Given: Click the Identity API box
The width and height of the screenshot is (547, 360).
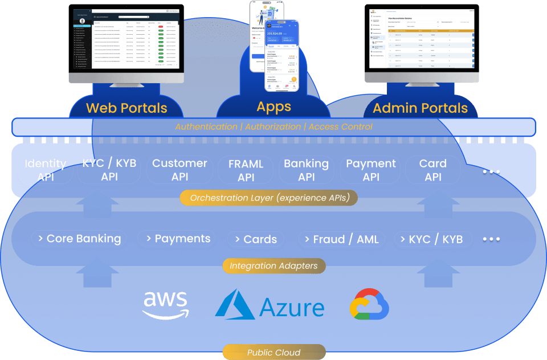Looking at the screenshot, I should pyautogui.click(x=46, y=170).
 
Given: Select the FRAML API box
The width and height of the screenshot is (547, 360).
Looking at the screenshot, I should pyautogui.click(x=246, y=170).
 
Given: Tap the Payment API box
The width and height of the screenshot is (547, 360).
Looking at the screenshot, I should pyautogui.click(x=371, y=170).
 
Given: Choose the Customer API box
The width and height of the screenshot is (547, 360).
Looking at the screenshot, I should pyautogui.click(x=179, y=170).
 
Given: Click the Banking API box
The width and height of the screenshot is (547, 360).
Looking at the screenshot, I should pyautogui.click(x=307, y=170).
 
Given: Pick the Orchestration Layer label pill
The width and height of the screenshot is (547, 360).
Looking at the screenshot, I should pyautogui.click(x=268, y=198).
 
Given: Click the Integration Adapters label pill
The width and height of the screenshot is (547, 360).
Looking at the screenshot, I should pyautogui.click(x=274, y=266).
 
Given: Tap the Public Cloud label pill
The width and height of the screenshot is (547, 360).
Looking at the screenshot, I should pyautogui.click(x=274, y=353).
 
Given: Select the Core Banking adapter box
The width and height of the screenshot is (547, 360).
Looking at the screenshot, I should pyautogui.click(x=79, y=239).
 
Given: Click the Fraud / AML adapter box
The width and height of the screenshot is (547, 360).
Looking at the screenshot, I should pyautogui.click(x=342, y=239).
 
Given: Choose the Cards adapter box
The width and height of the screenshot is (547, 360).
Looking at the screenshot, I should pyautogui.click(x=256, y=239).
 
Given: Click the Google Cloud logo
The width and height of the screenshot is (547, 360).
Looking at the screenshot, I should pyautogui.click(x=369, y=304).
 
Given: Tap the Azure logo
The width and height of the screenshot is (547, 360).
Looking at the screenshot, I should pyautogui.click(x=270, y=305).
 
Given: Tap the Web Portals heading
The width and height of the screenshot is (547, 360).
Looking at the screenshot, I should pyautogui.click(x=126, y=108).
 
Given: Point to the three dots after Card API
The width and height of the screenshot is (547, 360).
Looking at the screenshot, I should pyautogui.click(x=491, y=171).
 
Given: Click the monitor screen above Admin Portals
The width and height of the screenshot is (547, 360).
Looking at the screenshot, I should pyautogui.click(x=421, y=36).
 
